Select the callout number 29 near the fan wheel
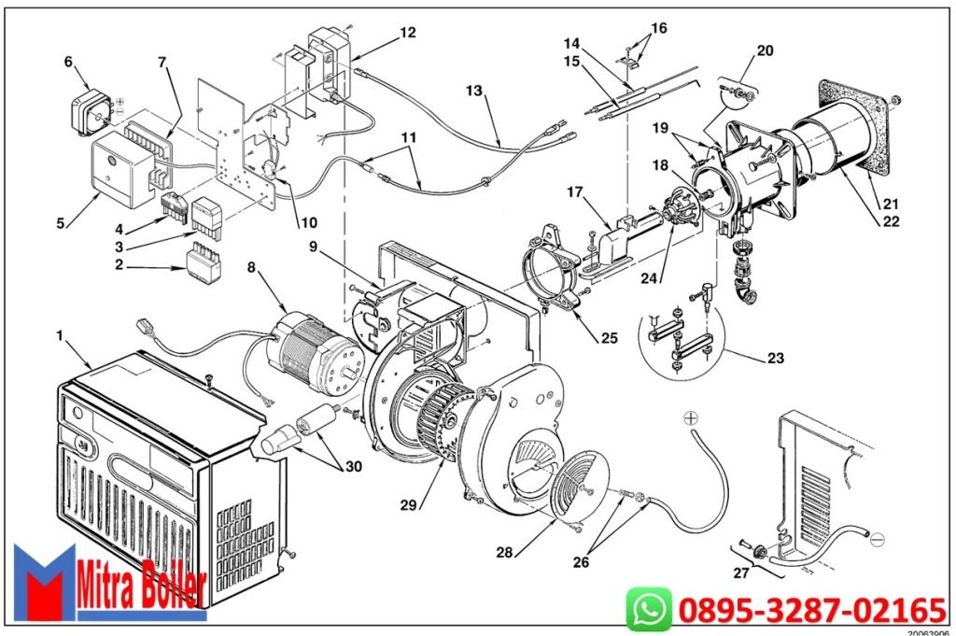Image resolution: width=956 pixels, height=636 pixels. point(408,505)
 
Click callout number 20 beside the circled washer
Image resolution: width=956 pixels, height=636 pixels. point(764,51)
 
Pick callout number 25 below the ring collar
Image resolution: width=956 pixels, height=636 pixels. point(608,338)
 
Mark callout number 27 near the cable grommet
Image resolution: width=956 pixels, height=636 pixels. point(741,572)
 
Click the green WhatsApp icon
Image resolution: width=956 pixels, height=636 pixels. point(649,610)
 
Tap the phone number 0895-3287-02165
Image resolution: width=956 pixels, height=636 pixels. point(812,611)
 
